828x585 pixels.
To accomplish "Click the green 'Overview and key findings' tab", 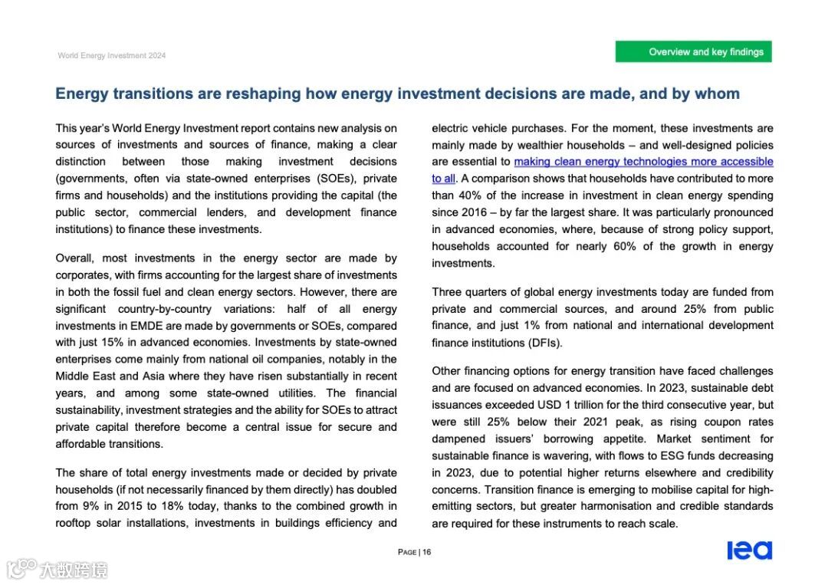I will pos(693,52).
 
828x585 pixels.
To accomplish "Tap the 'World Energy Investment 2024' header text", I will pos(111,55).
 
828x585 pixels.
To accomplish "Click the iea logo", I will pos(749,550).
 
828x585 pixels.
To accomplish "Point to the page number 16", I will pos(427,552).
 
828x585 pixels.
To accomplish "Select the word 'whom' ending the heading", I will pos(717,94).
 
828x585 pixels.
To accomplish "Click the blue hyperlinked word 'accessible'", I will pos(743,162).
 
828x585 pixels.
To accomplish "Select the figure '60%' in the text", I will pos(620,246).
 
